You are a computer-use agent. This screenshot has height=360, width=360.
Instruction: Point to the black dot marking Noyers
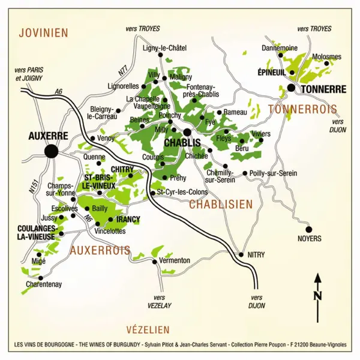(309, 229)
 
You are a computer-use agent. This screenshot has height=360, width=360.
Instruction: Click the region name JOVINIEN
(44, 32)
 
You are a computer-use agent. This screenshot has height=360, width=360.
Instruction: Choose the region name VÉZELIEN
(148, 329)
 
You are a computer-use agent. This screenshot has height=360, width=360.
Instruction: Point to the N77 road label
(123, 70)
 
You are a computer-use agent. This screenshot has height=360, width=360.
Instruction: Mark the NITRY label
(256, 254)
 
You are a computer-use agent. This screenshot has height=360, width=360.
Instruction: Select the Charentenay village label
(44, 284)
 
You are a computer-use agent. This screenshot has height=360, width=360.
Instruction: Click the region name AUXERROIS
(100, 250)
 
